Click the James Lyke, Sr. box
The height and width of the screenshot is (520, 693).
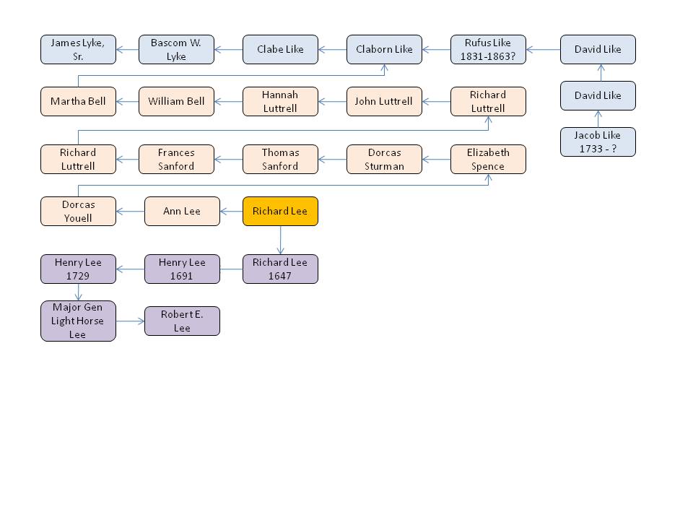click(78, 50)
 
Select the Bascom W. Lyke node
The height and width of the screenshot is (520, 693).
click(176, 50)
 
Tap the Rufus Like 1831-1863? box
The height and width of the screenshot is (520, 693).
click(488, 50)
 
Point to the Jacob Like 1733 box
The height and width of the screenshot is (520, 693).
click(598, 142)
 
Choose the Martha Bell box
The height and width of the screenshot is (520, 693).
click(78, 102)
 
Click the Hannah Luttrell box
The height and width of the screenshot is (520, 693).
click(280, 102)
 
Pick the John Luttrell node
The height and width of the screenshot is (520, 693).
click(384, 102)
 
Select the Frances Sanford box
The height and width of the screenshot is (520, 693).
click(176, 160)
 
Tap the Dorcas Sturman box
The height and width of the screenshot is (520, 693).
click(384, 160)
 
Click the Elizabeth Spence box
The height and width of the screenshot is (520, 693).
click(488, 160)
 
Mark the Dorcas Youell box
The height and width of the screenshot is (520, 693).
click(78, 212)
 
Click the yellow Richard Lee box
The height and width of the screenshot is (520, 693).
click(280, 212)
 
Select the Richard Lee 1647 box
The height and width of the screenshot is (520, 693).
click(280, 269)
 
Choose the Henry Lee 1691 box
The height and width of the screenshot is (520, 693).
click(182, 269)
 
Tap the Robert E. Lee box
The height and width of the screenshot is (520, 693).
click(182, 321)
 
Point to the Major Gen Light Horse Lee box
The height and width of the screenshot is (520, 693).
click(78, 321)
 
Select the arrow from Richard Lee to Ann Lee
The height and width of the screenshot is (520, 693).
click(231, 212)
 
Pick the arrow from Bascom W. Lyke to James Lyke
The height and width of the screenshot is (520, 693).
click(127, 50)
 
